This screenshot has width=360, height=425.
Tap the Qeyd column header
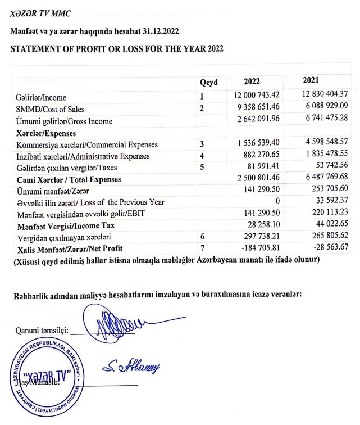tap(208, 82)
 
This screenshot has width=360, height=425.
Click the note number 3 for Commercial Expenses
tap(202, 144)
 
